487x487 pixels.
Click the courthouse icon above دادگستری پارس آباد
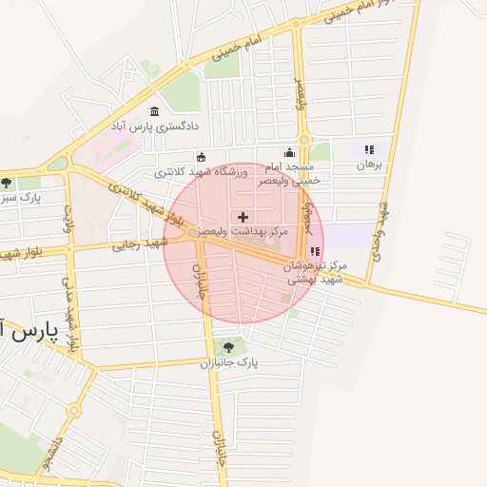pos(154,112)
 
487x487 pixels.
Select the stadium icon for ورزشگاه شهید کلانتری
pos(201,157)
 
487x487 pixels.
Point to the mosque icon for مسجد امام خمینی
pos(289,152)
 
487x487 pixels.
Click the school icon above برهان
pos(369,149)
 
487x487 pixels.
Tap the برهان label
pos(368,165)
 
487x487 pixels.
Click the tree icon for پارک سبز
pos(8,183)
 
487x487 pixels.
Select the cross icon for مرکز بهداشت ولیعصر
pos(243,218)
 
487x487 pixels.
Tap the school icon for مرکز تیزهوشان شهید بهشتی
pos(315,252)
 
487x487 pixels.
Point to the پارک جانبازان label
pos(229,362)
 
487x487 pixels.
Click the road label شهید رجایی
pos(141,244)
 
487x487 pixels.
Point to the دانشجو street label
pos(53,452)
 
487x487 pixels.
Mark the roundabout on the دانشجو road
pos(74,409)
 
